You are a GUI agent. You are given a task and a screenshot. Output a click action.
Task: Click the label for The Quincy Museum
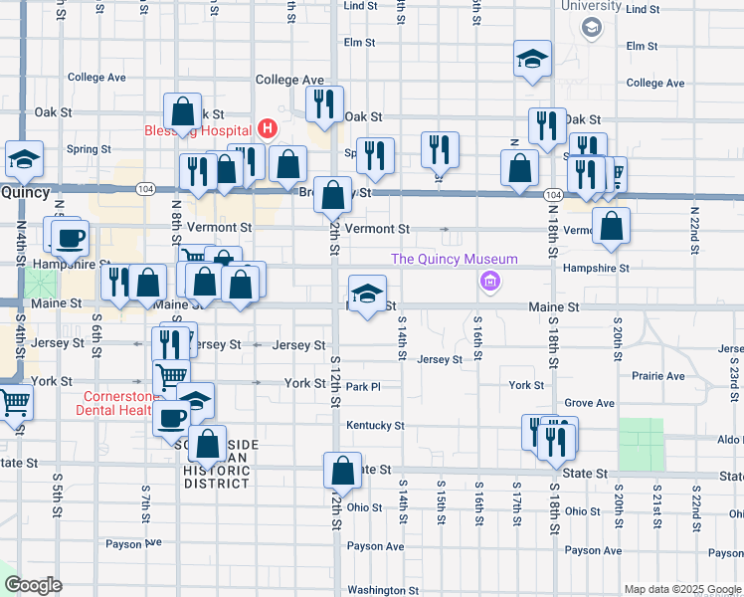tap(455, 260)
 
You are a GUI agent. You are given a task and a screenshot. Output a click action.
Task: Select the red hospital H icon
tap(267, 128)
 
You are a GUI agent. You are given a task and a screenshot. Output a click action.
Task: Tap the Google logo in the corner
tap(32, 584)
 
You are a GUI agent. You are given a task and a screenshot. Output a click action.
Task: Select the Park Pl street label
tap(364, 386)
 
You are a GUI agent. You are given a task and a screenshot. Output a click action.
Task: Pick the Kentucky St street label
tap(375, 426)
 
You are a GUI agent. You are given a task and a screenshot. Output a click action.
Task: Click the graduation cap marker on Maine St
tap(366, 294)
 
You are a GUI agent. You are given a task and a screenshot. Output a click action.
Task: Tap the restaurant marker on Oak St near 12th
tap(324, 103)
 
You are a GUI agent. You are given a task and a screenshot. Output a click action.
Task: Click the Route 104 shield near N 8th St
tap(146, 188)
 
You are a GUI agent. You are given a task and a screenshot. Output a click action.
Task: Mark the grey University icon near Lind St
tap(590, 27)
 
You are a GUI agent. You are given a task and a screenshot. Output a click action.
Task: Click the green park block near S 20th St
tap(641, 444)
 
